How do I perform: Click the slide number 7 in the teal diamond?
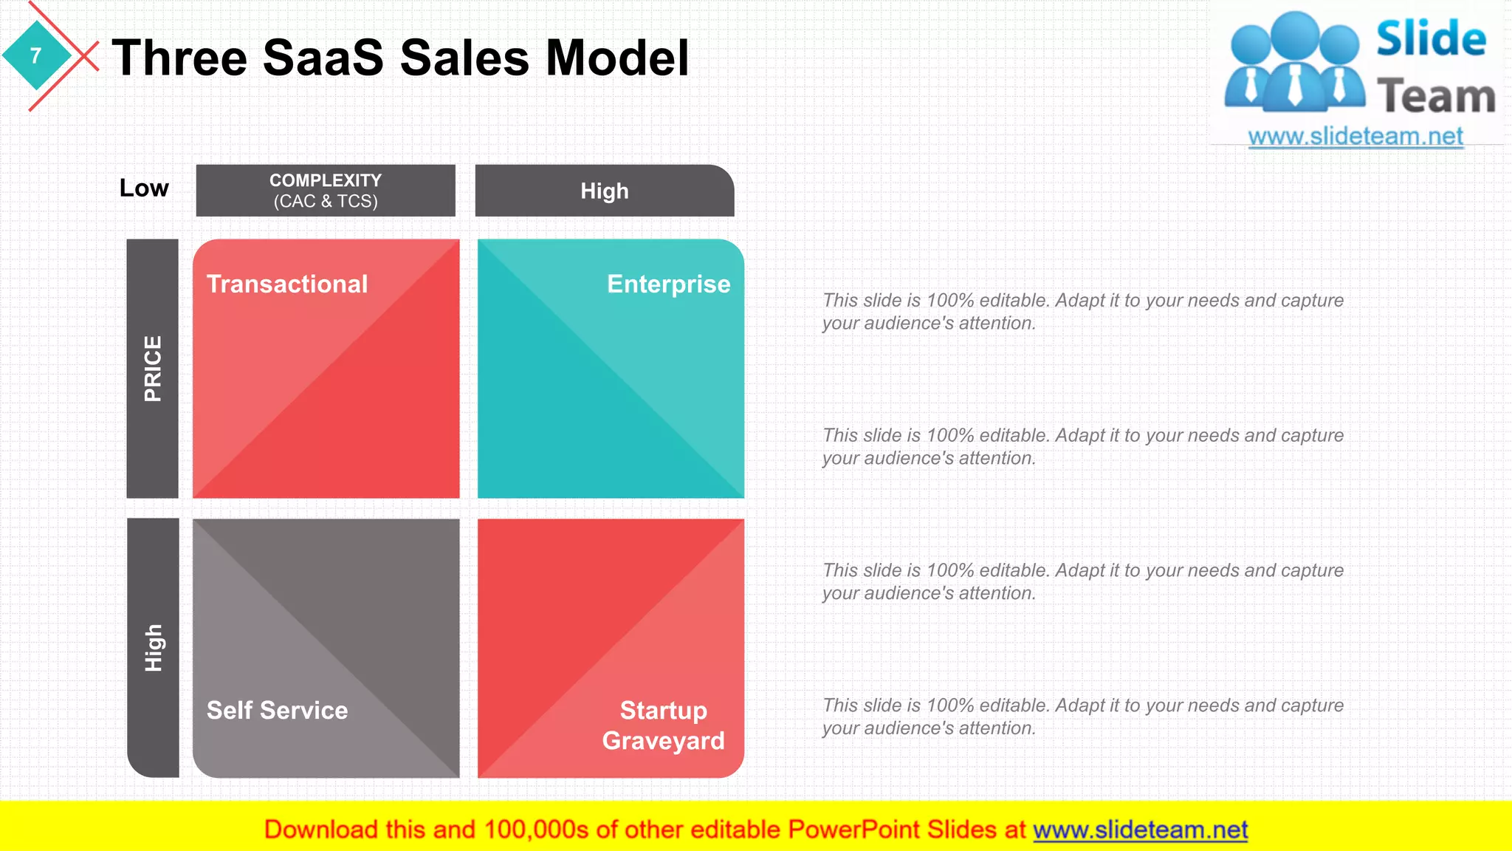[35, 56]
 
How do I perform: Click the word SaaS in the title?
[323, 58]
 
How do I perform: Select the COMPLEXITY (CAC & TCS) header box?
[326, 191]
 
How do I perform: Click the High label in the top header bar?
[604, 191]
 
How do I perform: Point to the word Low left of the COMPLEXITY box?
[144, 188]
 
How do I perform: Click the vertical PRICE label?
[153, 369]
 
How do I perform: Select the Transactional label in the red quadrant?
[287, 284]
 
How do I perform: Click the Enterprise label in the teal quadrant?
[668, 284]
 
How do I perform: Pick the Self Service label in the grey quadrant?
[277, 711]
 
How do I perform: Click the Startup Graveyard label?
[663, 725]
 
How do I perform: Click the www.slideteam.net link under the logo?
[1355, 137]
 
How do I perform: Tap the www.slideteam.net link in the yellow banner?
[1140, 830]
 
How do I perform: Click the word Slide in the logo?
[1430, 39]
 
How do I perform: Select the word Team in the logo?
[1436, 97]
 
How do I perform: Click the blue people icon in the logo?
[1294, 63]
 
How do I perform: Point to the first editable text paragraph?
[1082, 312]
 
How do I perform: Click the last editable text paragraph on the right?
[1082, 717]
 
